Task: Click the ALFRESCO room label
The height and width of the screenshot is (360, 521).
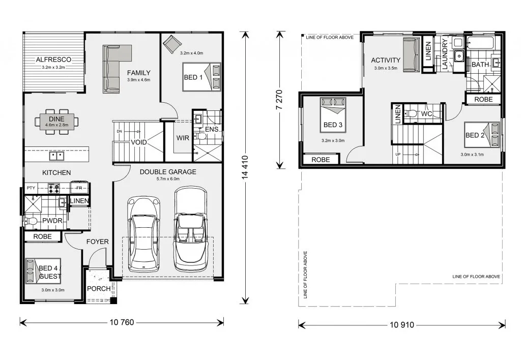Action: click(x=53, y=59)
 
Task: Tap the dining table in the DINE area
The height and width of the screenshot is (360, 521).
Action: click(x=57, y=122)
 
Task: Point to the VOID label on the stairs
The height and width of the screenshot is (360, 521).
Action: click(x=138, y=142)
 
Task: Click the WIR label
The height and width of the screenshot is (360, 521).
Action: click(x=183, y=138)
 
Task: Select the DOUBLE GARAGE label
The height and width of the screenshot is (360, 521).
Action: click(x=168, y=172)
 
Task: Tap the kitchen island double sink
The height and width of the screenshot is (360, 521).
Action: click(x=57, y=156)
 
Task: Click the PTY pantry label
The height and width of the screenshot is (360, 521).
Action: click(x=31, y=188)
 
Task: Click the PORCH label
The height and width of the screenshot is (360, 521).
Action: click(x=99, y=289)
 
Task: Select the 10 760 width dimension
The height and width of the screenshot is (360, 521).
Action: click(x=122, y=322)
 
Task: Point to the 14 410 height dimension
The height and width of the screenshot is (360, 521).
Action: click(x=245, y=168)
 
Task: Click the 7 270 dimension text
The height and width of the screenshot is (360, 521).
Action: click(x=279, y=100)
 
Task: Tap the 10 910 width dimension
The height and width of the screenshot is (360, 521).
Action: click(x=402, y=325)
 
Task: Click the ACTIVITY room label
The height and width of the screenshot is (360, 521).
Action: click(x=386, y=60)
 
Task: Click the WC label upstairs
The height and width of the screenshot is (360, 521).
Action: click(x=426, y=114)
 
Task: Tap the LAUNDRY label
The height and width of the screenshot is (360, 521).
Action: click(x=445, y=54)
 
